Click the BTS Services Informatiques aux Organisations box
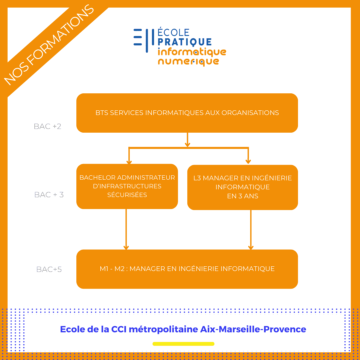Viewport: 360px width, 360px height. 187,113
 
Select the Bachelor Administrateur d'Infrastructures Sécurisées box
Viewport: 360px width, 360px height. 127,186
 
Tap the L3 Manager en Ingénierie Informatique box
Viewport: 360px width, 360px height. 242,187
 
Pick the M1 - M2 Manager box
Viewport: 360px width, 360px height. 187,269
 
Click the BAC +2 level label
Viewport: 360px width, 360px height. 48,127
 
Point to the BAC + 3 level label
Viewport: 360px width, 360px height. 49,195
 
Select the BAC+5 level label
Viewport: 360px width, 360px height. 49,269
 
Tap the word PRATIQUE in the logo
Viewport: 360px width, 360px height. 184,42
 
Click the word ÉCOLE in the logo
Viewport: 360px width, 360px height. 173,32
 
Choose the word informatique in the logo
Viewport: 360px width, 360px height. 192,52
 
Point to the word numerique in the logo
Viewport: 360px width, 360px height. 188,62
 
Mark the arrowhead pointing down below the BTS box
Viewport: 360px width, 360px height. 187,144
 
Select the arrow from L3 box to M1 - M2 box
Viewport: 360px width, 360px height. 251,230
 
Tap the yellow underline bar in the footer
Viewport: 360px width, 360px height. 183,344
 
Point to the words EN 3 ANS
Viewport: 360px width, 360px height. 243,196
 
